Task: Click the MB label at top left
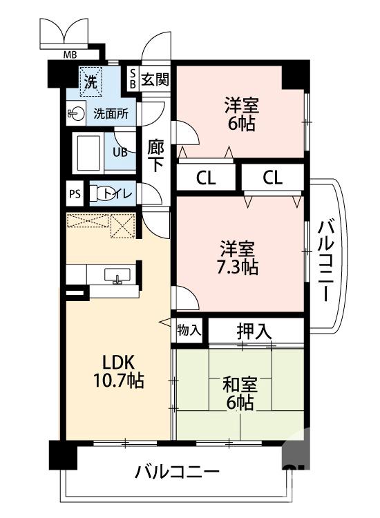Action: (70, 55)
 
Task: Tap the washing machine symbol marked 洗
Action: (91, 81)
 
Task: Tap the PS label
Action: (74, 194)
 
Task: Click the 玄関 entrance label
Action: (155, 79)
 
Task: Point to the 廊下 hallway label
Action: (155, 155)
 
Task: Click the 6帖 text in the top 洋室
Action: (240, 124)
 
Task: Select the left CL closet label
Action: (205, 178)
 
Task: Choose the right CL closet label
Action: (272, 178)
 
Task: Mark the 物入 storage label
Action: (189, 330)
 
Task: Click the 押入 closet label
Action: (254, 331)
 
